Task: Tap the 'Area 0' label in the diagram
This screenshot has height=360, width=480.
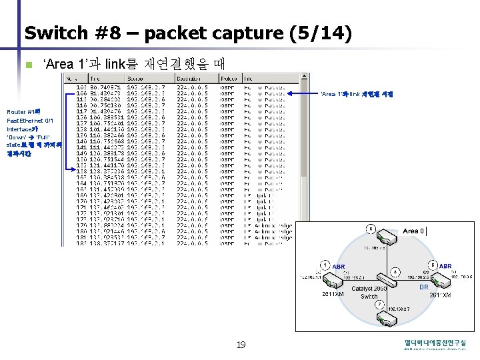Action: click(x=411, y=231)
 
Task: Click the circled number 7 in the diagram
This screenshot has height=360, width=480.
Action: click(x=379, y=305)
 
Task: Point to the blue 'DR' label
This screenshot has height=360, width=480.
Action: click(x=423, y=287)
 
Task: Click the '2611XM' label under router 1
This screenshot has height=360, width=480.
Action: click(x=333, y=293)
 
